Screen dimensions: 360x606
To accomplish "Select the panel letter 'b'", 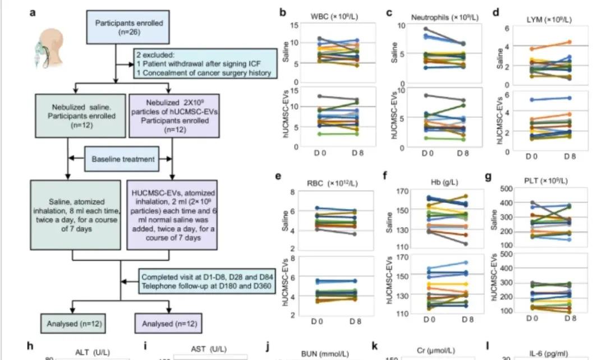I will (x=283, y=12).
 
